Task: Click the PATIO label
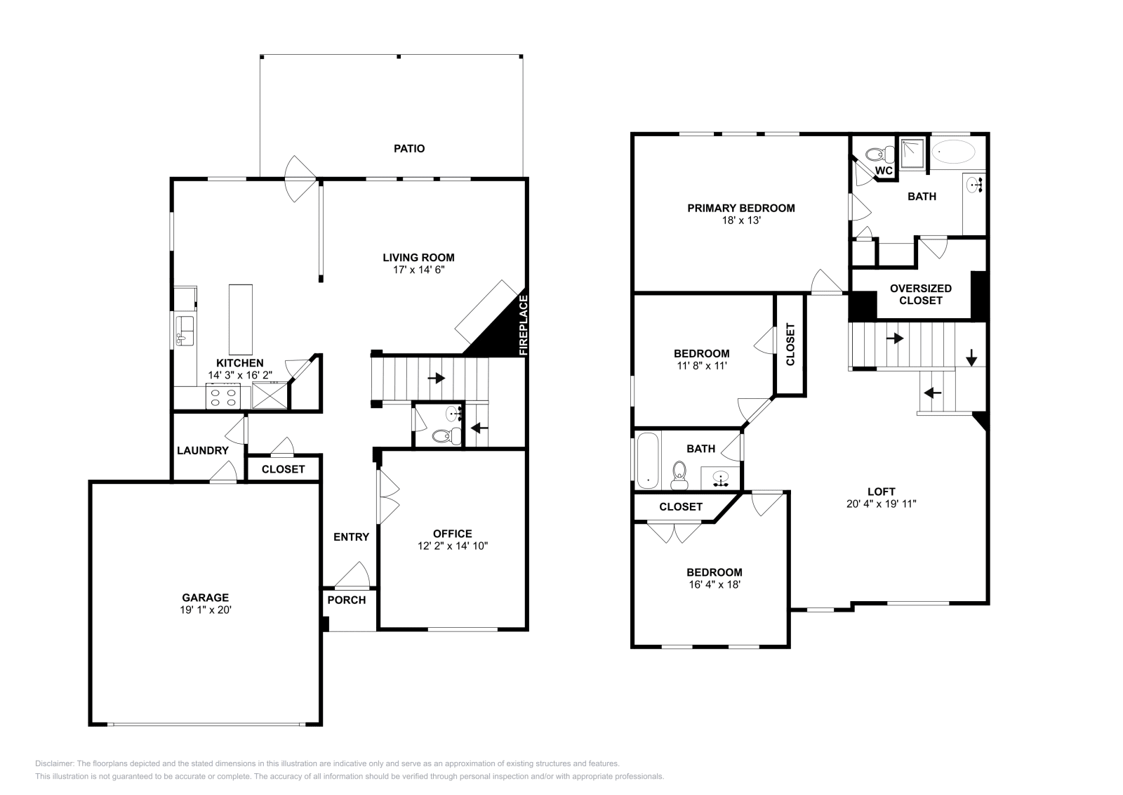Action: (409, 148)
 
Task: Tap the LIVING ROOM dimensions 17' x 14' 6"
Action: (418, 270)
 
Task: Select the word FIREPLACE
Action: (524, 326)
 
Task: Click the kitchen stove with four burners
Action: (223, 397)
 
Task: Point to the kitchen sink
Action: (185, 331)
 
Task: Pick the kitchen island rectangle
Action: (241, 320)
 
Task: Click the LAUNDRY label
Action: (203, 450)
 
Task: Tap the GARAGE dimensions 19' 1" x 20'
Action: (206, 610)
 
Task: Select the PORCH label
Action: (347, 600)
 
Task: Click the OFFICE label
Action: (453, 534)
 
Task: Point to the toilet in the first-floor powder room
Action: (446, 435)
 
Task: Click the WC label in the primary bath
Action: (884, 171)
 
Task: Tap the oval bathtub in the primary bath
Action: (953, 152)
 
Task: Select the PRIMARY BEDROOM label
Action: (741, 208)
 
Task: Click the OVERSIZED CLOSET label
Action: (920, 294)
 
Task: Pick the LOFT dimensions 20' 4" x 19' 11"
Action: (882, 504)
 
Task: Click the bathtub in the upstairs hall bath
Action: (648, 460)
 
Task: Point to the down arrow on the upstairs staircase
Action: (971, 357)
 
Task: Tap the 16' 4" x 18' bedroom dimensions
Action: (715, 584)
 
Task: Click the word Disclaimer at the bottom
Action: (55, 763)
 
